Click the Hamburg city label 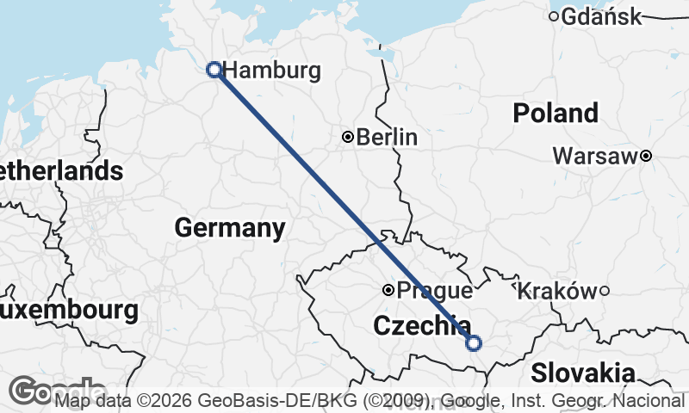271,71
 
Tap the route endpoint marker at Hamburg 214,70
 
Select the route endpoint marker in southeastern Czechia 473,343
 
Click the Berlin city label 387,137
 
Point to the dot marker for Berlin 348,137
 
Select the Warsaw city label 596,156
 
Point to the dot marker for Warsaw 645,156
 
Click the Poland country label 555,113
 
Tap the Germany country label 229,228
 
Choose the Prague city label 433,291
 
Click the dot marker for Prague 388,291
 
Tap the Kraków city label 556,291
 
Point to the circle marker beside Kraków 605,291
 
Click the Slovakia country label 583,373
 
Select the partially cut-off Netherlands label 60,170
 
